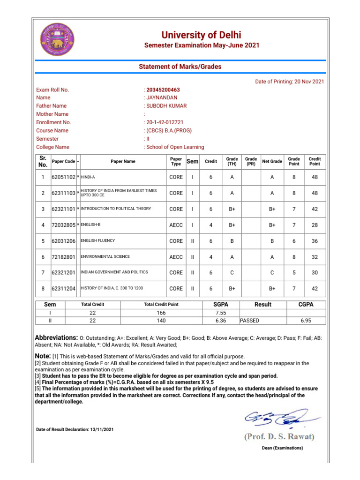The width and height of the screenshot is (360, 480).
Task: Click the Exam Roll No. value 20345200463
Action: point(163,90)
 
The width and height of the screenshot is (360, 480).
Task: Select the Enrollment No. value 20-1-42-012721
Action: point(165,122)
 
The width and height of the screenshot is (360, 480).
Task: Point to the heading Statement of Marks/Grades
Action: point(180,67)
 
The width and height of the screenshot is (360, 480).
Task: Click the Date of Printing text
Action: point(289,82)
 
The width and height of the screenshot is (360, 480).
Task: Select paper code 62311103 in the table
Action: point(63,193)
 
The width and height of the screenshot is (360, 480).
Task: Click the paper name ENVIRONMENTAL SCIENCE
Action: point(105,257)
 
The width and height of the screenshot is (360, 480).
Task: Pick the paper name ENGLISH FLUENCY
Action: point(98,241)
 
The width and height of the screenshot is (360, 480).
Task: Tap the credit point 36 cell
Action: point(315,241)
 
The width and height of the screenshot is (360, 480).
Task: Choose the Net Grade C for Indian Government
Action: point(272,272)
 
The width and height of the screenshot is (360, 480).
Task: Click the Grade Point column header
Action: point(294,161)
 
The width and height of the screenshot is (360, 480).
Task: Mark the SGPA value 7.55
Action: point(221,313)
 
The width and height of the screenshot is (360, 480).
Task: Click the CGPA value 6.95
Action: point(306,321)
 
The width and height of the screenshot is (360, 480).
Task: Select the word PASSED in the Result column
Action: point(250,321)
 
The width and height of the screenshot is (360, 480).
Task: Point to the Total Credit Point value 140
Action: point(161,321)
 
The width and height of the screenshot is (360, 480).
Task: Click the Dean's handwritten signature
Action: point(281,419)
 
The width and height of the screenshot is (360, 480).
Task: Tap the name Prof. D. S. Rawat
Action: point(279,437)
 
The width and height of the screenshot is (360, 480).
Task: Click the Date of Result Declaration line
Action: point(75,429)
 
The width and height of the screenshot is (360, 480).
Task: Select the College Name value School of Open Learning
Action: point(175,147)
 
